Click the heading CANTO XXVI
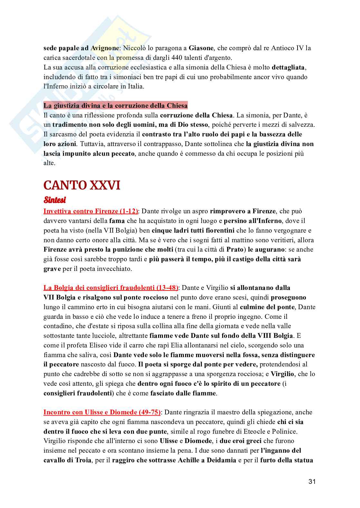(x=82, y=185)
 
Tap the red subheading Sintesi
(x=54, y=200)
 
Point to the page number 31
(x=312, y=482)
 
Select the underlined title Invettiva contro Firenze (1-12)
(x=91, y=211)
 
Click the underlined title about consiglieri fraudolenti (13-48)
(x=111, y=288)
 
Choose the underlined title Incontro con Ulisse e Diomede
(x=102, y=412)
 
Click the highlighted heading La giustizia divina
(x=115, y=106)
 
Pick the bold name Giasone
(x=201, y=48)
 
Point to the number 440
(x=149, y=58)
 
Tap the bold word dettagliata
(x=288, y=68)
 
